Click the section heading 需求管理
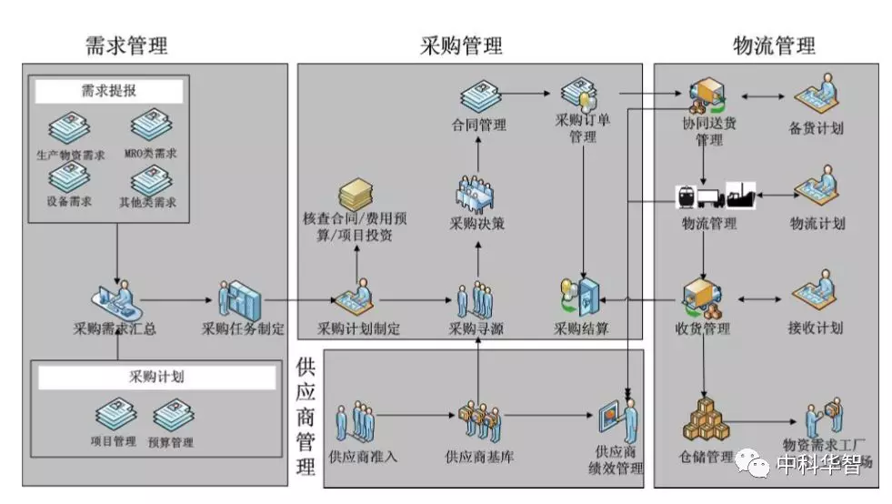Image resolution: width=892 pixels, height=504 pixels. (126, 45)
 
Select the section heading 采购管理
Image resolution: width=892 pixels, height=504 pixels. (461, 45)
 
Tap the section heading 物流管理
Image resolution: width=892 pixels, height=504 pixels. (774, 45)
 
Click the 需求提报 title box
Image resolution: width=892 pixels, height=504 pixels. (109, 91)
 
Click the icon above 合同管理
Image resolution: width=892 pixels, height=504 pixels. (479, 96)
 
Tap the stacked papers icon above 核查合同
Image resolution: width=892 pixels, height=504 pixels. (357, 194)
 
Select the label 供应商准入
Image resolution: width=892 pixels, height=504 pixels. (363, 456)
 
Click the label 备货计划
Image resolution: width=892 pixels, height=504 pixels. (816, 128)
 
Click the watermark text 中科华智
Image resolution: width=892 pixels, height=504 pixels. (818, 464)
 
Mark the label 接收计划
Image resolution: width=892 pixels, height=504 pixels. (816, 328)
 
